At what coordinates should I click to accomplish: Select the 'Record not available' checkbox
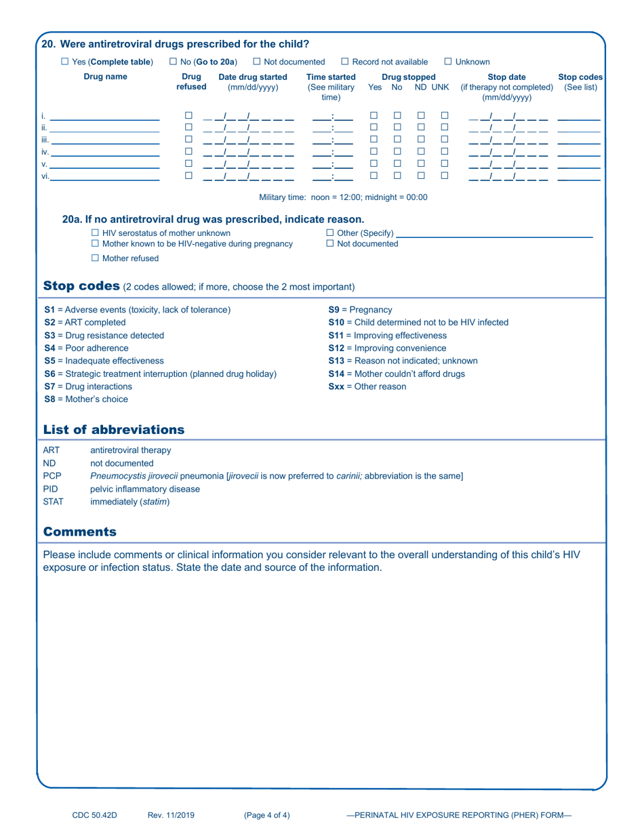345,62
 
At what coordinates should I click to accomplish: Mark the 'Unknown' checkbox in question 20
448,62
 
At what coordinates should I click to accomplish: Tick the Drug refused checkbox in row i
189,116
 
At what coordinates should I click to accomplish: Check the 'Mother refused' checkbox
96,258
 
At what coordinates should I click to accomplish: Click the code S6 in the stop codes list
49,374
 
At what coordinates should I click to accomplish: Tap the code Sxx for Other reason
338,386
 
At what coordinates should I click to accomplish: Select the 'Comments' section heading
79,532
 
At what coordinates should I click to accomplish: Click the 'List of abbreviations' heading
113,429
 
